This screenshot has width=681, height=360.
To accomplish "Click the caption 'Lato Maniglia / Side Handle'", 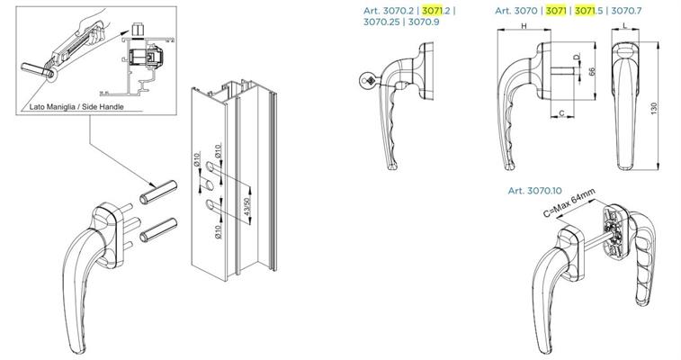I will coord(77,107).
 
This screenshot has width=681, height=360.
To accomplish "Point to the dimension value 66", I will coord(593,71).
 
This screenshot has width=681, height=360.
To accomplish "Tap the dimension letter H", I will coord(524,27).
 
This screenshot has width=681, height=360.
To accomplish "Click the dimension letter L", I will coord(625,27).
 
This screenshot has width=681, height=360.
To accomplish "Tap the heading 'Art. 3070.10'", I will coord(534,191).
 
